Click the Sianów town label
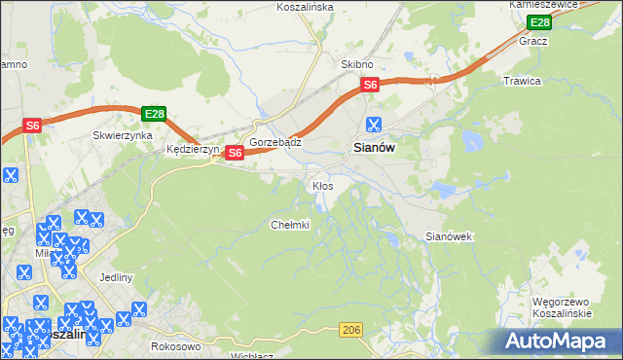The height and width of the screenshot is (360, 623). pos(371,148)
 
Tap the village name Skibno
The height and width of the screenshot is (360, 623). pos(357,63)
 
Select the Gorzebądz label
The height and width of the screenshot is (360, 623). pos(275,141)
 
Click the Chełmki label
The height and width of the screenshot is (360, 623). pos(289,225)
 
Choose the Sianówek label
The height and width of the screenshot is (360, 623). pos(449,236)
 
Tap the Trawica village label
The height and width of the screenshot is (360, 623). pos(521,81)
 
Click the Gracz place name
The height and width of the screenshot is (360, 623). pos(533,41)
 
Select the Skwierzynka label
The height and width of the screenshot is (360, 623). pos(123,136)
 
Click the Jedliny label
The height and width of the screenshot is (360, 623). pos(115,277)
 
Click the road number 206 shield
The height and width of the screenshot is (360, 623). pos(351,332)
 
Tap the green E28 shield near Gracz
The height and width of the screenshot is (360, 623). pos(538,22)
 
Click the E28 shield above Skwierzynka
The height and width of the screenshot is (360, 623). pos(153,114)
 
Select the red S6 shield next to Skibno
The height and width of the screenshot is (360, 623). pos(370,86)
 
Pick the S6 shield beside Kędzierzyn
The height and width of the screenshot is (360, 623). pos(234,153)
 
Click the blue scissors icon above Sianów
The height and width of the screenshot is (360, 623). pos(372,124)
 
